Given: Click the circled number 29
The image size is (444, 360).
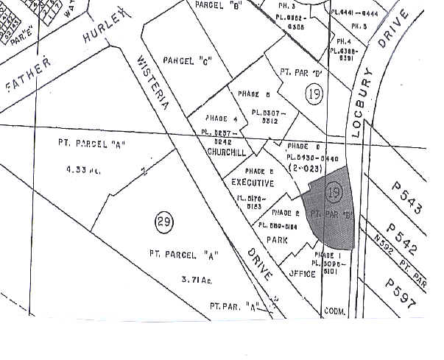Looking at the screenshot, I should [x=163, y=221].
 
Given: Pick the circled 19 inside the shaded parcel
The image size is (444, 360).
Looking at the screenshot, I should [x=334, y=193].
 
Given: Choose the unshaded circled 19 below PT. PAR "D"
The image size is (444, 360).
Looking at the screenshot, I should [x=313, y=93].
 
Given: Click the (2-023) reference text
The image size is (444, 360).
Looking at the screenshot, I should [x=306, y=168].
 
